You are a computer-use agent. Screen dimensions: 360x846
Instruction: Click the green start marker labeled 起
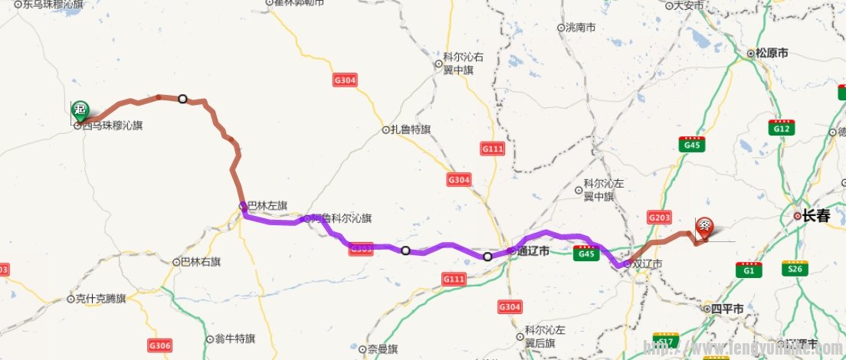tap(80, 110)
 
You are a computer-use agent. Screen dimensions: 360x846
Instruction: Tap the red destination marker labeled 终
tap(705, 227)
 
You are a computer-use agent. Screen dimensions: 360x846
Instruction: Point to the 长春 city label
tap(816, 217)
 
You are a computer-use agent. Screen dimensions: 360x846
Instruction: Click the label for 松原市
tap(772, 54)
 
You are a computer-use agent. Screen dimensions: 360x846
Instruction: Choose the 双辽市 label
tap(645, 263)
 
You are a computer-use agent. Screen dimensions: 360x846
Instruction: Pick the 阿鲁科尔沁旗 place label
tap(341, 218)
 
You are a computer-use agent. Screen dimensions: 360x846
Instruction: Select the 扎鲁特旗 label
tap(411, 129)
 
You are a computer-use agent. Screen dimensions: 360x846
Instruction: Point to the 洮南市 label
tap(580, 28)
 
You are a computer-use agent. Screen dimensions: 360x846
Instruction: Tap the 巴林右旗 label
tap(201, 261)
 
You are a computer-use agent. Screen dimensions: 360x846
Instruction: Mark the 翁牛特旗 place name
tap(234, 338)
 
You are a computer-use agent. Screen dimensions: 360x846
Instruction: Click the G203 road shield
tap(659, 218)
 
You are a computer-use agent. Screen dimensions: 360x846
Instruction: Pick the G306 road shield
tap(159, 345)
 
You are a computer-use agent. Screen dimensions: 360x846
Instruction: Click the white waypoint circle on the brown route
tap(182, 99)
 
